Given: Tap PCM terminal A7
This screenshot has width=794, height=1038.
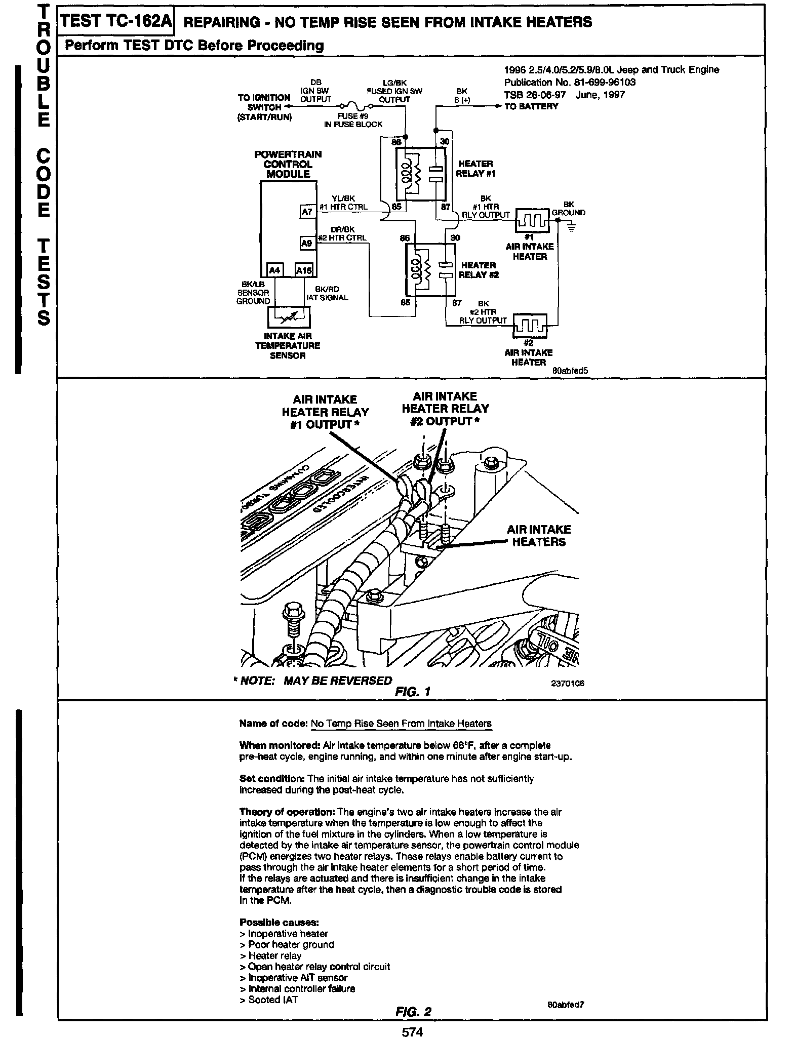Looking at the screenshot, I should (x=307, y=212).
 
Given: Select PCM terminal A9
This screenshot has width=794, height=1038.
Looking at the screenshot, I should (x=307, y=244).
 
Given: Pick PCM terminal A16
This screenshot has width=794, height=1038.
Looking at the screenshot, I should (x=304, y=270).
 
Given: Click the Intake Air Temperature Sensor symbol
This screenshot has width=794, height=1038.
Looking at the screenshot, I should (x=289, y=317).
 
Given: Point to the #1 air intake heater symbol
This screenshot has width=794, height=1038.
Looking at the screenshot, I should (x=532, y=220).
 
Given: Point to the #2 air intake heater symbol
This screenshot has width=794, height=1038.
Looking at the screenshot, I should (x=530, y=326).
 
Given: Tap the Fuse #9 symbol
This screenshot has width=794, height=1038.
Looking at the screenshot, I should (x=356, y=107).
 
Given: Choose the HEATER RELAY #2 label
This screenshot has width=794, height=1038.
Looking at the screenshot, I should (x=478, y=270).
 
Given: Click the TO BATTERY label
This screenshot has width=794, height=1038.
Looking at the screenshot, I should (x=531, y=106).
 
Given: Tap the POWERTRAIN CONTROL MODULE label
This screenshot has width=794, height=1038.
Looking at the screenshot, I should (x=288, y=164).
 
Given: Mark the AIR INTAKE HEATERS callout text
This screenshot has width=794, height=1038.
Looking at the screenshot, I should (x=539, y=536).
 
